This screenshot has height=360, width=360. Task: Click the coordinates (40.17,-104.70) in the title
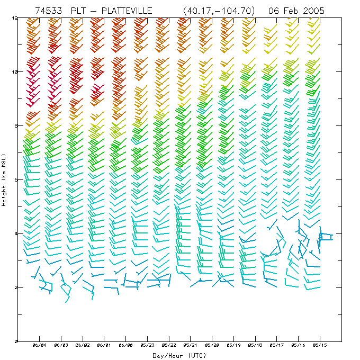click(x=218, y=11)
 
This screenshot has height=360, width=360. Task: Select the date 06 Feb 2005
click(x=296, y=11)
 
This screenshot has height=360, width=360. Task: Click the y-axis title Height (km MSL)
click(x=4, y=180)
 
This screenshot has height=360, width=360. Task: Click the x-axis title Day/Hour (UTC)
click(x=180, y=355)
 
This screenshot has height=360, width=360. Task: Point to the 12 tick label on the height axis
click(x=14, y=17)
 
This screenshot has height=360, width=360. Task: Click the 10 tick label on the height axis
click(x=14, y=71)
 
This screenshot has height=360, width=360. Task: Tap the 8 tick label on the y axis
click(x=16, y=125)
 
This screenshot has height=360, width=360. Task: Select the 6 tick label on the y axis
click(x=16, y=179)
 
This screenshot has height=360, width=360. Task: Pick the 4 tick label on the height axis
click(x=16, y=233)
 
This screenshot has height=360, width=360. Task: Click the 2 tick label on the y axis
click(x=16, y=287)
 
